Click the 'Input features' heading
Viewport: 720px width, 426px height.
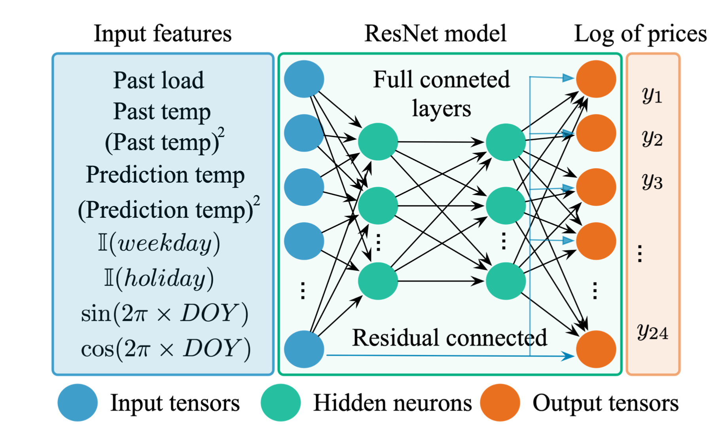[162, 34]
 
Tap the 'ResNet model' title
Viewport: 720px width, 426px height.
[435, 34]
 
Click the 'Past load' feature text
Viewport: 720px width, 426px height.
[159, 80]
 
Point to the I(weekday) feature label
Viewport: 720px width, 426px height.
[159, 243]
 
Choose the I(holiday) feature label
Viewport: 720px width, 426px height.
[159, 278]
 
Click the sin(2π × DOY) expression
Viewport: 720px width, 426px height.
[165, 314]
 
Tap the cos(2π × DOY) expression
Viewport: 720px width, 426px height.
[166, 349]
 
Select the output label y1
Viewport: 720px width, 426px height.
[652, 95]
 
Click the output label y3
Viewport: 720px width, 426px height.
[652, 182]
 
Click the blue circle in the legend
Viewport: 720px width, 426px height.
[78, 402]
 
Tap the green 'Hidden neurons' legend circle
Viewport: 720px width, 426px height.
[280, 402]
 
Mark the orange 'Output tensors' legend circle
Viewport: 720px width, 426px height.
[500, 402]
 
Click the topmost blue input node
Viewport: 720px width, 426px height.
[304, 79]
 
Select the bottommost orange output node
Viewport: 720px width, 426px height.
[596, 349]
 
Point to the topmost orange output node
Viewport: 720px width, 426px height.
[596, 79]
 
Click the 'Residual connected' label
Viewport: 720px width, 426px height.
[449, 338]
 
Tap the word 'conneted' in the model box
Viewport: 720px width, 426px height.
[465, 80]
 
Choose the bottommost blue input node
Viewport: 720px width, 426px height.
[304, 349]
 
